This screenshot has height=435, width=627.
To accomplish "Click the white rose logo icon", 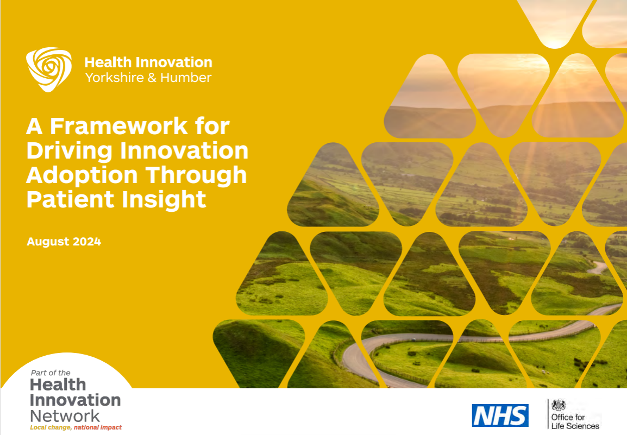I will (49, 70).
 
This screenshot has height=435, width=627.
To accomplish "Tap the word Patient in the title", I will (62, 199).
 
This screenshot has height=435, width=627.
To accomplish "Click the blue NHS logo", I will (500, 415).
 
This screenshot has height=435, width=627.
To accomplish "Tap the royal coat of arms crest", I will (559, 405).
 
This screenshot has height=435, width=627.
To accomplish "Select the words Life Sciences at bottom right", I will (575, 426).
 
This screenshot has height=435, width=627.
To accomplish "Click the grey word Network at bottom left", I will (65, 416).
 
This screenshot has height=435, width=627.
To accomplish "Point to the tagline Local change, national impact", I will (76, 428).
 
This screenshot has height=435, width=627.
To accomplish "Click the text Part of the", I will (51, 373).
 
